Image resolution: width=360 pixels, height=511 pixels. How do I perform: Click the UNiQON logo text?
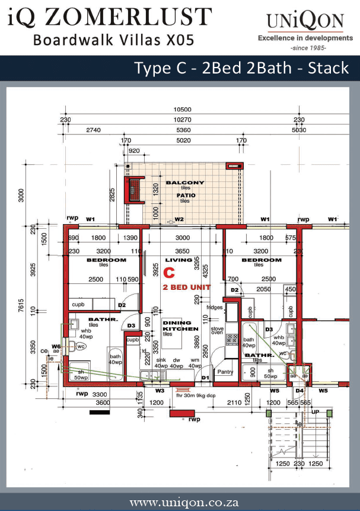305,22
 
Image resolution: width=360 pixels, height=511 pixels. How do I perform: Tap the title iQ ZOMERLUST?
110,18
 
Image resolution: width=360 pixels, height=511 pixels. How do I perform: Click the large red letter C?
169,273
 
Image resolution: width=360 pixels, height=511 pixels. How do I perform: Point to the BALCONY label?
185,183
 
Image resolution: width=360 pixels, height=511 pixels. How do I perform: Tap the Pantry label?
225,372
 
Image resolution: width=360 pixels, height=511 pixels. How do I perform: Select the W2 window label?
180,220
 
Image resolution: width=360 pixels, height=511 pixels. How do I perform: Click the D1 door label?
206,378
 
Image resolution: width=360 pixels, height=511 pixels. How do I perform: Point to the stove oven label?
218,330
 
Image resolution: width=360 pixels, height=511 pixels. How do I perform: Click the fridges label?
215,308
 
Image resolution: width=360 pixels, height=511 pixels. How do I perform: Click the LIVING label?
179,260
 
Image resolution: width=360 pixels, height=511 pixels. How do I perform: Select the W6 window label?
56,346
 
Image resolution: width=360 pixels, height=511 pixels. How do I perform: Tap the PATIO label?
185,195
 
